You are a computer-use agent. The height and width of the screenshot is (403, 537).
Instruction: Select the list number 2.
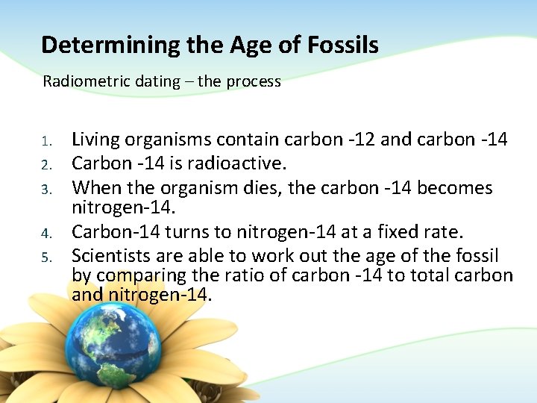tap(45, 163)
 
